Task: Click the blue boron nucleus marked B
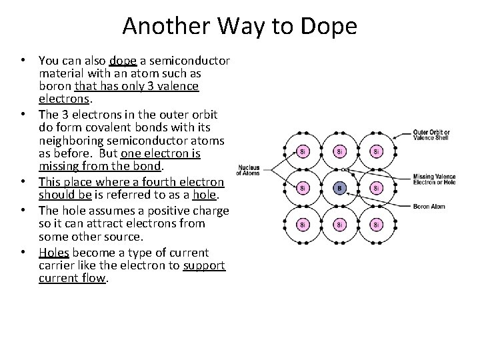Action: [x=339, y=188]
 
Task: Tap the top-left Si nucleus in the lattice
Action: [x=302, y=151]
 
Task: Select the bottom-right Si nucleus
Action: [x=375, y=225]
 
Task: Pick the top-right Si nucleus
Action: [x=375, y=151]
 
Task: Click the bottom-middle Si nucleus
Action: [x=339, y=225]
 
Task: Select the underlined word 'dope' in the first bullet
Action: [x=123, y=61]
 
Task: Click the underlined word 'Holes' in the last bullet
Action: [x=53, y=253]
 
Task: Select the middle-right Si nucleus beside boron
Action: [x=375, y=188]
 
